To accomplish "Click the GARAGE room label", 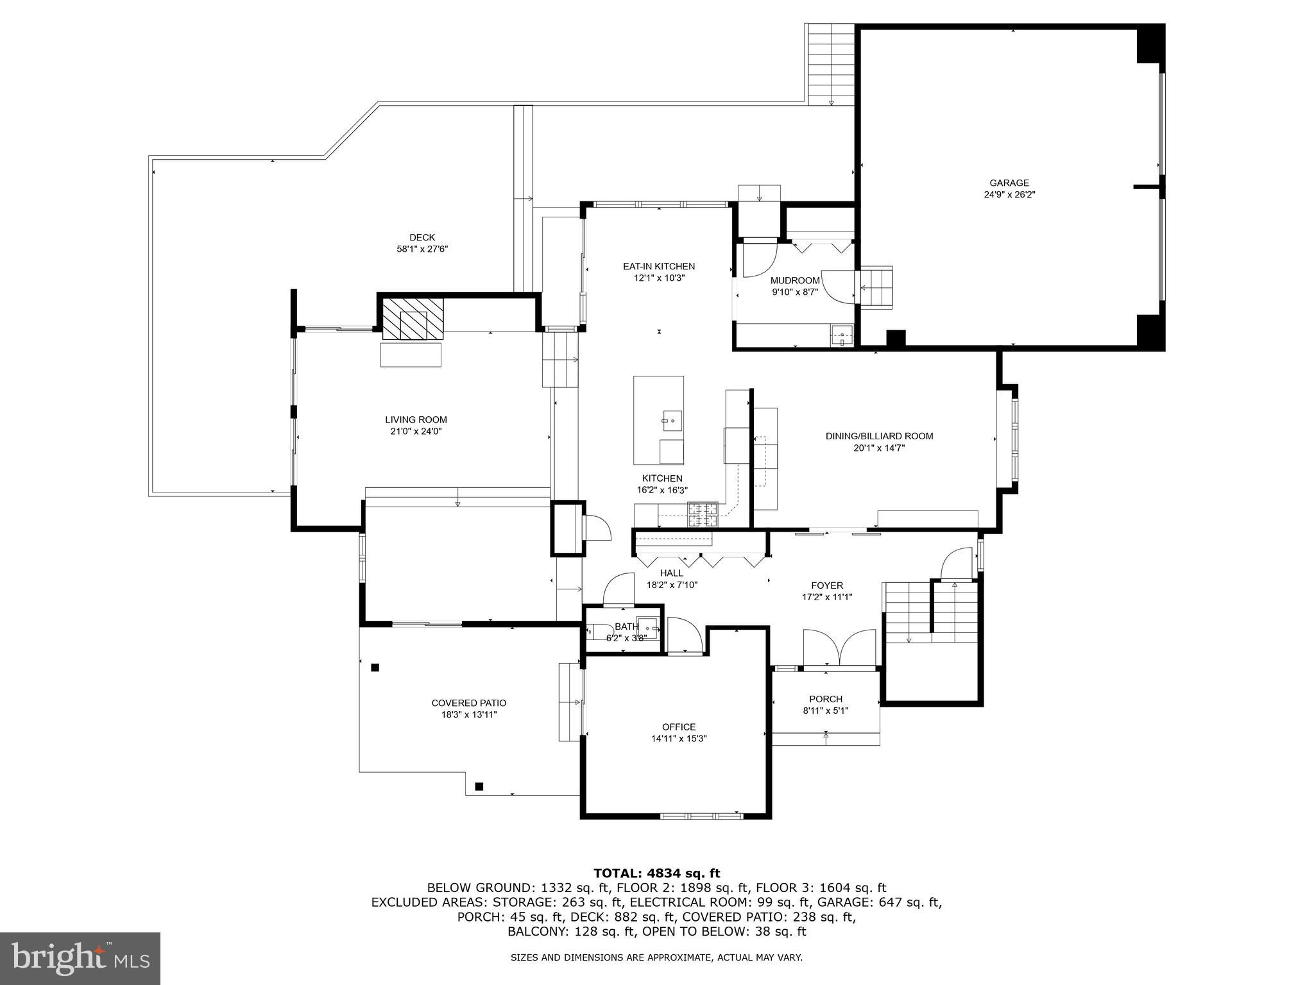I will (x=1009, y=183).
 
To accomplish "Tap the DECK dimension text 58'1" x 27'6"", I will (x=422, y=249).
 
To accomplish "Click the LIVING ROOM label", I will (x=416, y=420).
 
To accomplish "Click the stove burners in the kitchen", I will (x=702, y=515).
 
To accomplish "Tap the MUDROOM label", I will (x=795, y=280).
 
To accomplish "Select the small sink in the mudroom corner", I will (x=842, y=335).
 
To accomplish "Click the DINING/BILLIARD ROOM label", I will (x=879, y=436).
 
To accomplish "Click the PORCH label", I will (x=826, y=699).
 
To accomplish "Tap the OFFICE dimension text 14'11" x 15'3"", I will (x=679, y=739).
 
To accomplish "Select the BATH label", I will (x=627, y=627).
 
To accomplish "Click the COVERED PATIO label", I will (x=469, y=703).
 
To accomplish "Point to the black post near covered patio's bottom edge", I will (x=479, y=786).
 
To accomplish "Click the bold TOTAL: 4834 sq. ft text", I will (x=656, y=873).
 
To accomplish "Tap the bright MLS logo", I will (x=80, y=958).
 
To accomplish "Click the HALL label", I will (x=672, y=573).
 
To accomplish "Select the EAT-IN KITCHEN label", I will (x=659, y=266).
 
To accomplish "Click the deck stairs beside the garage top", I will (x=831, y=64).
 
